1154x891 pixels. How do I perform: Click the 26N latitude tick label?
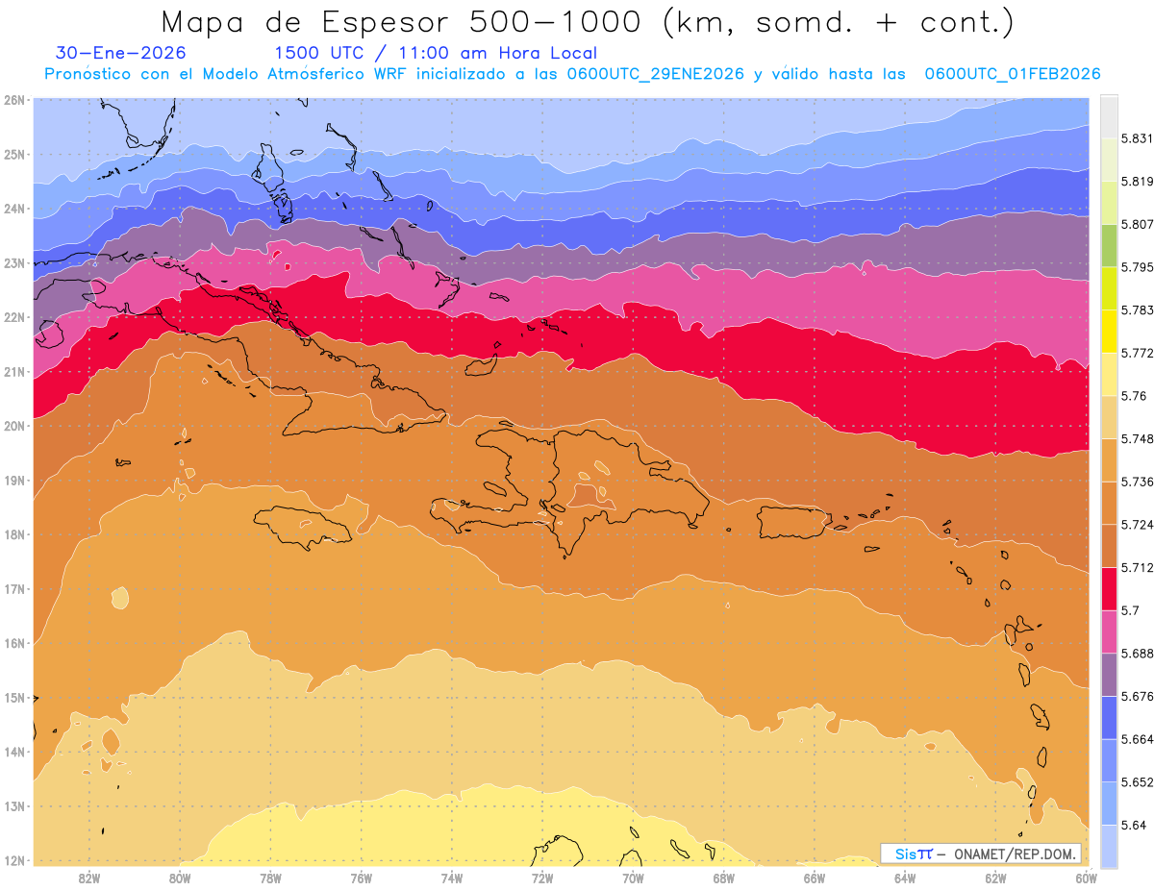[x=13, y=99]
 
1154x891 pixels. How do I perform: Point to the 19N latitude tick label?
[x=13, y=480]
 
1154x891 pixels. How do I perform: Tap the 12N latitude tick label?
[x=13, y=860]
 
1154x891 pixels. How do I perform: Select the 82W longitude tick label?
[x=89, y=878]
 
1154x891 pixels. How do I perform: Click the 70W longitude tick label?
[x=633, y=878]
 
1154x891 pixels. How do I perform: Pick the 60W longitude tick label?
[x=1087, y=878]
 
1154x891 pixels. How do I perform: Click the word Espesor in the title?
[x=376, y=21]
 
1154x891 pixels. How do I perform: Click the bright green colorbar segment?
[x=1109, y=245]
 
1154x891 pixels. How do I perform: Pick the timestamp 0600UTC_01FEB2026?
[x=1012, y=74]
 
